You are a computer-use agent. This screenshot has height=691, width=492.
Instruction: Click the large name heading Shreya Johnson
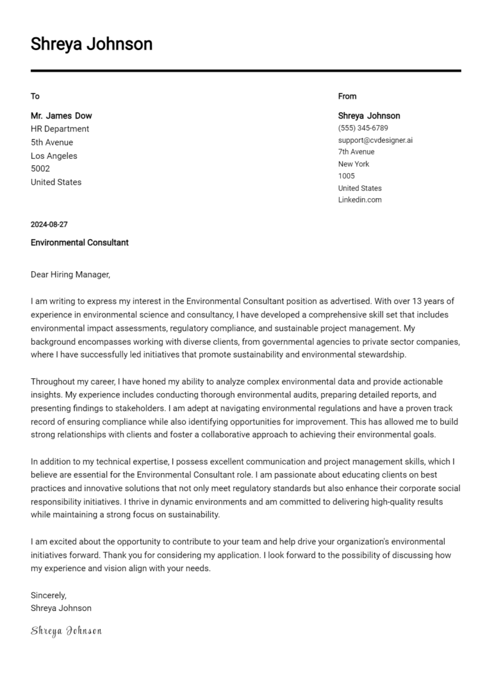click(x=92, y=44)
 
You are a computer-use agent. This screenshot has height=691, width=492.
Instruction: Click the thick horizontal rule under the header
click(x=245, y=71)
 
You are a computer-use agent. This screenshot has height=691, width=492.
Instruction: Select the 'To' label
click(x=35, y=96)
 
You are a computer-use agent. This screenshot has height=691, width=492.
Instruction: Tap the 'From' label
click(x=347, y=96)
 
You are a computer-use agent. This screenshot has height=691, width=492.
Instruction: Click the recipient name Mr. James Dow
click(x=61, y=116)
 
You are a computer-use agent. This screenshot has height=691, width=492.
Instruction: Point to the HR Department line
click(x=60, y=129)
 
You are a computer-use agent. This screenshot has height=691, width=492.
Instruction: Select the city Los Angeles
click(x=54, y=156)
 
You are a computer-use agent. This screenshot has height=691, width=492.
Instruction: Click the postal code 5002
click(x=40, y=169)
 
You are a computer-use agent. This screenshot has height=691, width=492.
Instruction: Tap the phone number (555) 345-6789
click(x=363, y=128)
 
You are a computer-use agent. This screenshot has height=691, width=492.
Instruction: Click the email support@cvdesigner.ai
click(x=375, y=140)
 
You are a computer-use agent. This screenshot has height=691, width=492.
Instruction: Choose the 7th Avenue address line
click(x=356, y=152)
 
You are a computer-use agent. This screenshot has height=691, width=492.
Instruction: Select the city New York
click(x=354, y=164)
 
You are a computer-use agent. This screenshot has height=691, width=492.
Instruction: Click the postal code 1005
click(x=347, y=176)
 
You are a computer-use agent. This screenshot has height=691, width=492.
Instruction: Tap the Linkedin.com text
click(x=359, y=200)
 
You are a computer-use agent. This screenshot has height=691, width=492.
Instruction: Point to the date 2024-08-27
click(x=49, y=225)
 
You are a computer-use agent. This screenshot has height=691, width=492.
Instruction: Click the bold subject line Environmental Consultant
click(x=79, y=243)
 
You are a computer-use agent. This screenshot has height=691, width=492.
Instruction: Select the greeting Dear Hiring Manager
click(x=70, y=275)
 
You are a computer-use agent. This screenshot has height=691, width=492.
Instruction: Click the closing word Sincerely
click(x=49, y=595)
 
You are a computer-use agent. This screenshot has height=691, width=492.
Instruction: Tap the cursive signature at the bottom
click(x=66, y=631)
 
